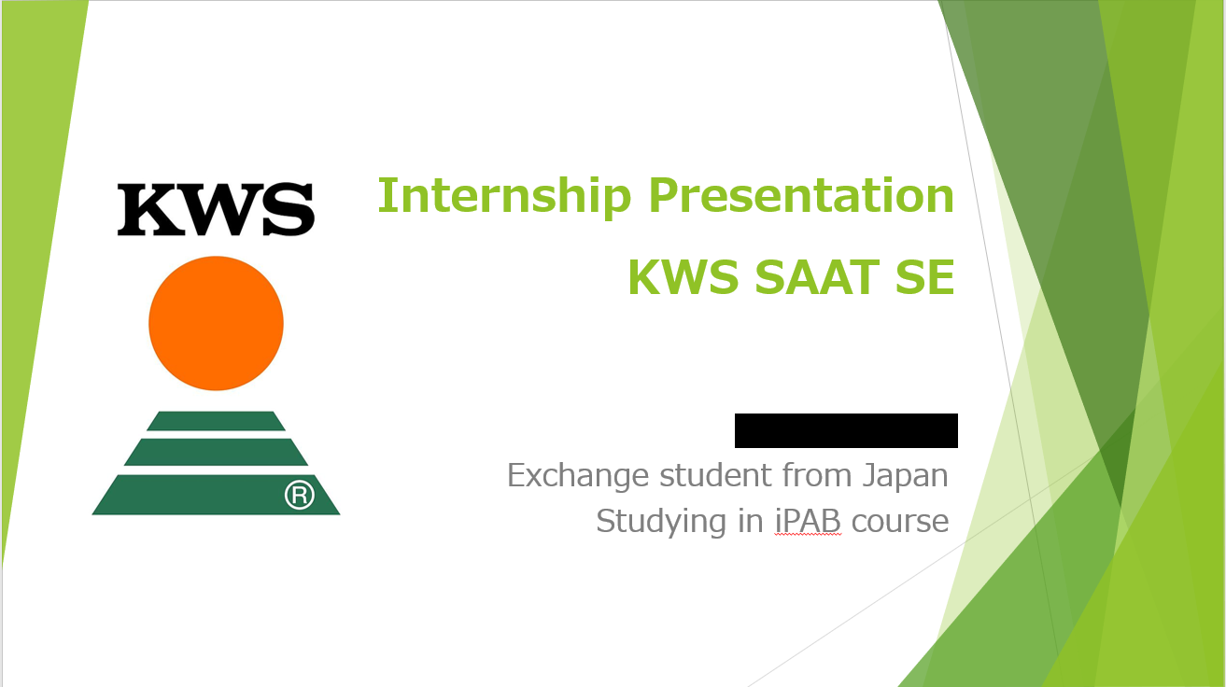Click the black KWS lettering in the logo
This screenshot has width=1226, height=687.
217,210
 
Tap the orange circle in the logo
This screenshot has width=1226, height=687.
217,323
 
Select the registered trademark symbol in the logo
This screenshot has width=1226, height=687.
300,495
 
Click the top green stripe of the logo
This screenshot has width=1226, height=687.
217,421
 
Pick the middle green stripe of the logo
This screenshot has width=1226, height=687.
217,452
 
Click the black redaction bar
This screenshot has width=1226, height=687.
846,430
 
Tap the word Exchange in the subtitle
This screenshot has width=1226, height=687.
578,476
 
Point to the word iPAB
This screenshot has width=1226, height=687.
808,521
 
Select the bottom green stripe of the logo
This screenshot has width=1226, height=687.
217,495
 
